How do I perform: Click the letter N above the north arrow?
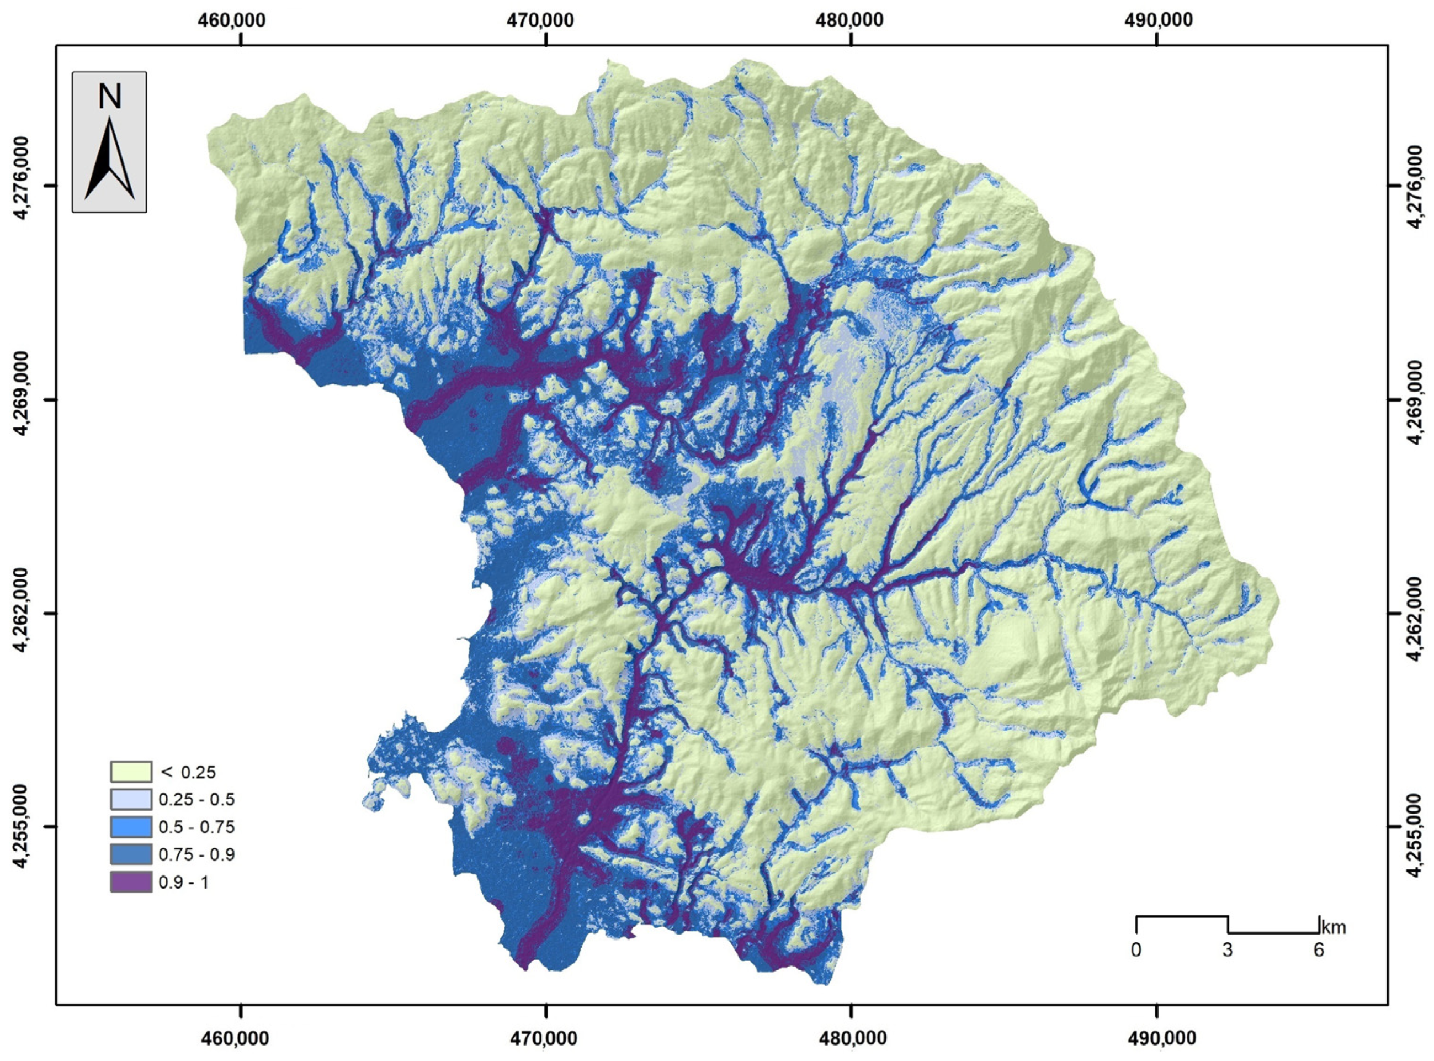[x=109, y=98]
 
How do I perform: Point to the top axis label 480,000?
[x=851, y=20]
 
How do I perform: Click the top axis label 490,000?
[x=1157, y=20]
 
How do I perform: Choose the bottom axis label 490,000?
[x=1157, y=1038]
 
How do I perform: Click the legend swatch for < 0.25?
[x=131, y=772]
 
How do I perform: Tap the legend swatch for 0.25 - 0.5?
[x=131, y=799]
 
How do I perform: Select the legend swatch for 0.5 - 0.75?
[x=131, y=827]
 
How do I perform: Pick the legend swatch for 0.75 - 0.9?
[x=131, y=854]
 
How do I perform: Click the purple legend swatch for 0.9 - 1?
[x=131, y=882]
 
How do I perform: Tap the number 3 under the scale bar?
[x=1228, y=968]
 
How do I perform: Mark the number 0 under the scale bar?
[x=1135, y=968]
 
